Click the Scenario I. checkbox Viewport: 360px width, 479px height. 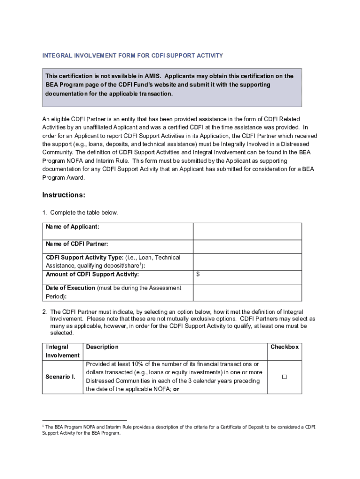284,377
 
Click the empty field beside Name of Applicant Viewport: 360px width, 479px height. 247,231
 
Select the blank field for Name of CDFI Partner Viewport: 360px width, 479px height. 247,247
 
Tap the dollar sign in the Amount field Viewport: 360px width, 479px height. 198,275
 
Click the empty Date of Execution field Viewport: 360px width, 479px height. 247,292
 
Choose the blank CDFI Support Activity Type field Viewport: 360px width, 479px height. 247,261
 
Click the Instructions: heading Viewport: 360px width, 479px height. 64,195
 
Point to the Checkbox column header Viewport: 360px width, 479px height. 284,347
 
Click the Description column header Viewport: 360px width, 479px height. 102,347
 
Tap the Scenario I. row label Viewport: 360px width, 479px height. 60,377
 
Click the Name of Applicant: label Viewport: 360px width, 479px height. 72,227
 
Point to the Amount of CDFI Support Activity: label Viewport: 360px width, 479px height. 92,275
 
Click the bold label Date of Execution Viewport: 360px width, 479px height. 70,288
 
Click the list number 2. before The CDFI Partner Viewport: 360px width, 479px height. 44,312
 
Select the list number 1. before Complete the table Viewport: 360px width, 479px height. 44,213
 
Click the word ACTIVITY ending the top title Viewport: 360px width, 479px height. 210,56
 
